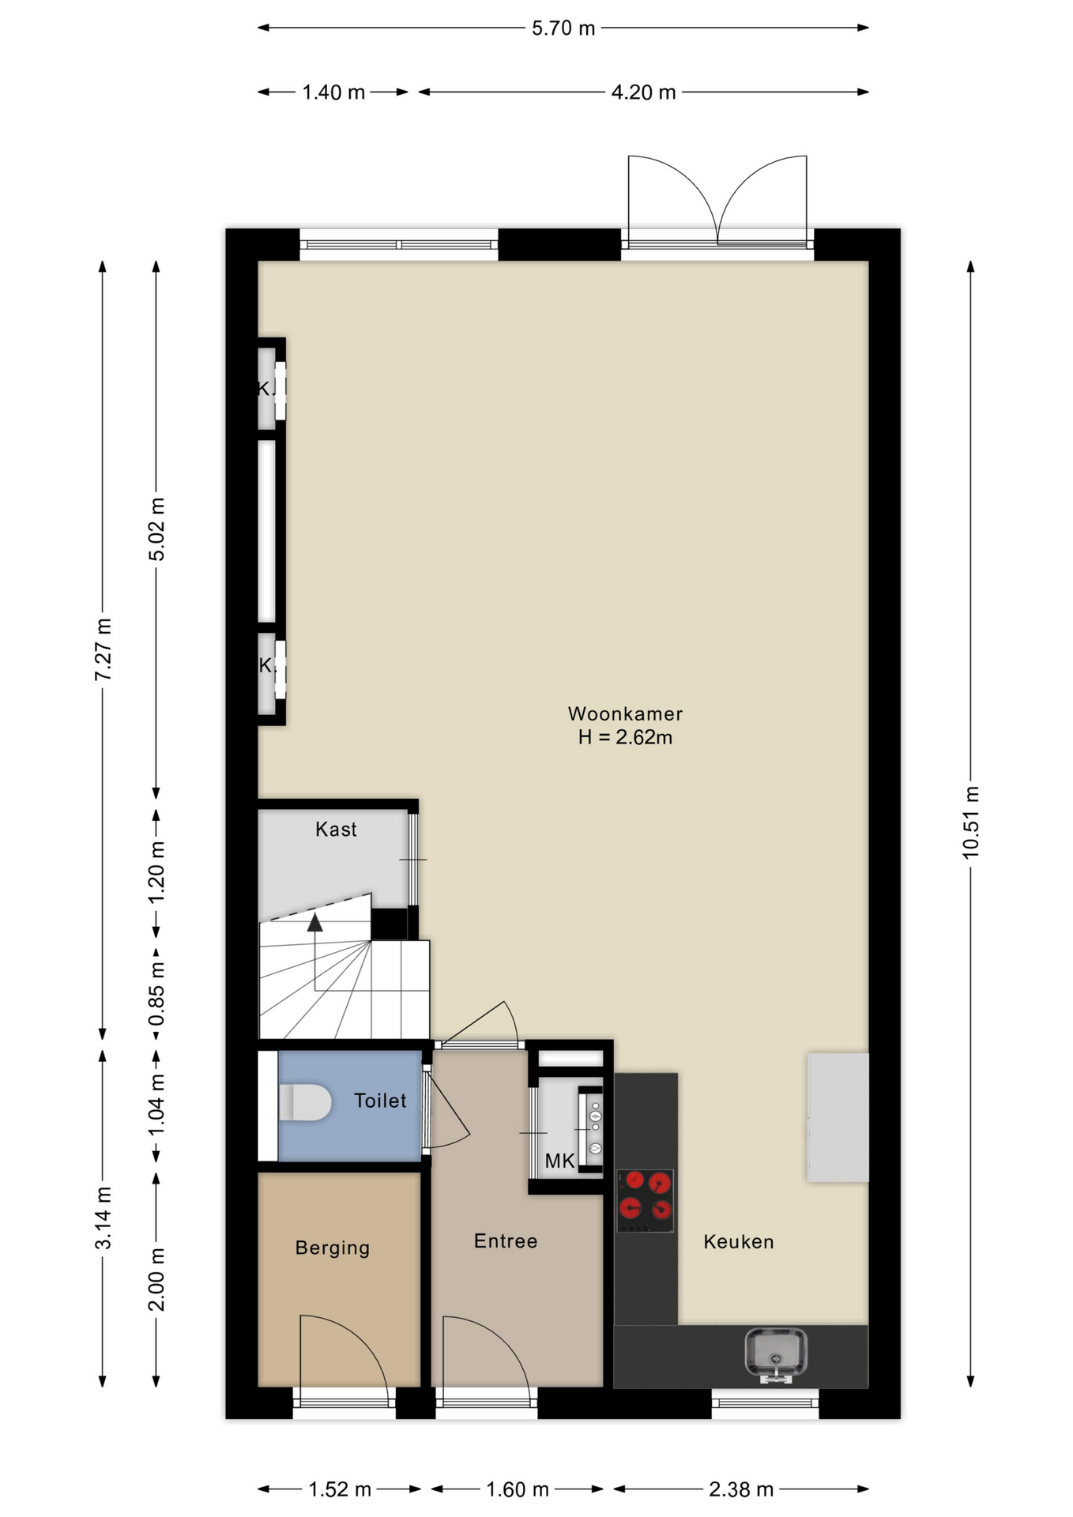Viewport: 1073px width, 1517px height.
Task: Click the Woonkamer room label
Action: [x=625, y=713]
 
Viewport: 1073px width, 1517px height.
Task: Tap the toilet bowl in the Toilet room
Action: [x=305, y=1102]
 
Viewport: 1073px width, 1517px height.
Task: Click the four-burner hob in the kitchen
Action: [x=645, y=1200]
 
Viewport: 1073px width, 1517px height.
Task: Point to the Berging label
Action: [x=333, y=1248]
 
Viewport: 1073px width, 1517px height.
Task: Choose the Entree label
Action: [x=506, y=1241]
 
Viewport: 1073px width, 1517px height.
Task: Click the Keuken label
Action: [x=739, y=1242]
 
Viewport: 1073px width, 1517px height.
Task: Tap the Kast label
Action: [x=336, y=830]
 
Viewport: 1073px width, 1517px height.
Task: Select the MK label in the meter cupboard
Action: [x=559, y=1161]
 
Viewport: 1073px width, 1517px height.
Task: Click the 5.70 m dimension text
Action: [x=563, y=28]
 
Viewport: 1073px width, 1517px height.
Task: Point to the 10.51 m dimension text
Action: [x=971, y=822]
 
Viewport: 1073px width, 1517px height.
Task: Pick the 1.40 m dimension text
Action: [x=333, y=92]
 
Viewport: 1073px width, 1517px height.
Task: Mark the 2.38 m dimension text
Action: [x=740, y=1489]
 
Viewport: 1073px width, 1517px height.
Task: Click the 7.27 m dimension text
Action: [x=103, y=649]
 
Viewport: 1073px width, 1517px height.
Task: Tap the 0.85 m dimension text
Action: [x=156, y=993]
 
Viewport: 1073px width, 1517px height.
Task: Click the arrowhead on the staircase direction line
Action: [x=315, y=922]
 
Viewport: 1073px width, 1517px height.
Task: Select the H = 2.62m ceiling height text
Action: [x=625, y=737]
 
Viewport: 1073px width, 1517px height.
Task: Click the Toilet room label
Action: [x=380, y=1101]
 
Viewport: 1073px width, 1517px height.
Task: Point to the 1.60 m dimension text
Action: [x=517, y=1489]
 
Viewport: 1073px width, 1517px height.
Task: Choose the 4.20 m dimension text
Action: [x=643, y=92]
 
